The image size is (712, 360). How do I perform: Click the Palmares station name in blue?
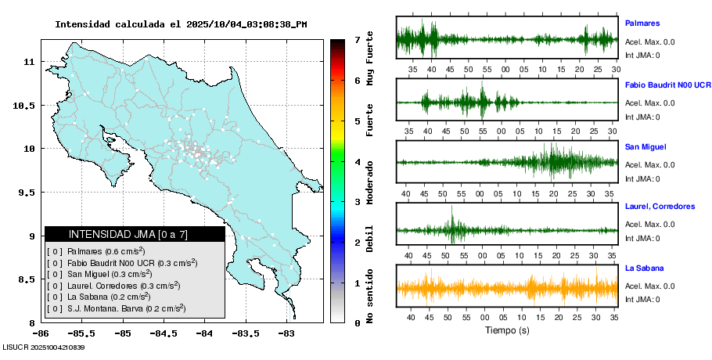point(642,23)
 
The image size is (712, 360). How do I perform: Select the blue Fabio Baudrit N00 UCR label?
point(667,85)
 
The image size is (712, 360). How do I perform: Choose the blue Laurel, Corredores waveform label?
point(660,207)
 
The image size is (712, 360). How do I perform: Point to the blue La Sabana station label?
point(644,268)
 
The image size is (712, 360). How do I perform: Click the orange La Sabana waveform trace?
point(507,288)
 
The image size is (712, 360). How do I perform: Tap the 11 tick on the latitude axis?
point(29,61)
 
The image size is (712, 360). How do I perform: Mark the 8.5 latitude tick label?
point(25,279)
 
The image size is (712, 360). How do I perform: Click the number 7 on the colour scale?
point(357,39)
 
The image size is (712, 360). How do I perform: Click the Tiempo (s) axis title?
point(507,330)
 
